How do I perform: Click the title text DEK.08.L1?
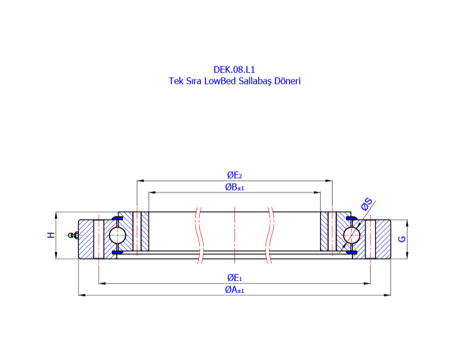[x=234, y=70]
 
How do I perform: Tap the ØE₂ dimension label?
[x=234, y=175]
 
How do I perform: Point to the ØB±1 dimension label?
[x=234, y=187]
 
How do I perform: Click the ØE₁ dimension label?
[x=234, y=277]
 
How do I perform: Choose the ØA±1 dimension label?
[x=234, y=290]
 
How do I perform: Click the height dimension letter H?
[x=51, y=235]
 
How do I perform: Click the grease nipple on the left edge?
[x=71, y=235]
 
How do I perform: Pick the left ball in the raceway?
[x=117, y=235]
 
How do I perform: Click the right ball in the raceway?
[x=351, y=235]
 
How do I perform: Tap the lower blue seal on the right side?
[x=350, y=252]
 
